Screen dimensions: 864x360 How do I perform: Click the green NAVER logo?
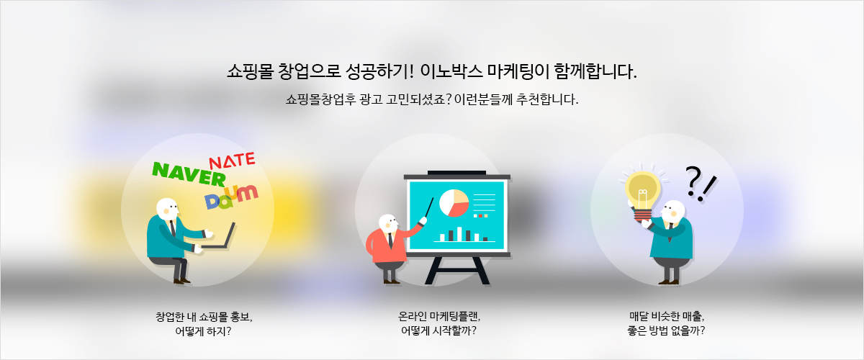189,174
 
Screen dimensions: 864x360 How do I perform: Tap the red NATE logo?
232,161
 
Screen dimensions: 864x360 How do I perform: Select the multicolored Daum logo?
231,197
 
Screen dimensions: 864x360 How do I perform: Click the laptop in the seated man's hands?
219,237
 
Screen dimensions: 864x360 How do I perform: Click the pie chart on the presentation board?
454,202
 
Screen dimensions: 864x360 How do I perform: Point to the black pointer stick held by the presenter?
429,207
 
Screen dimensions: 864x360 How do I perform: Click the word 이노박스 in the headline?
451,71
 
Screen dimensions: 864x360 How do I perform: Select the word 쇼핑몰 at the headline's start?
250,71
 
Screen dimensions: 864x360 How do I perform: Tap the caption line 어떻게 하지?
203,331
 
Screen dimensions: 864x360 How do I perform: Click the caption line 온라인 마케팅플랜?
439,316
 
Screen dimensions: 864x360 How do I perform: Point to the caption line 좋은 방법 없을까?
666,330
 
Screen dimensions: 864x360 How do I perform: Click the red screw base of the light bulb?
644,215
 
